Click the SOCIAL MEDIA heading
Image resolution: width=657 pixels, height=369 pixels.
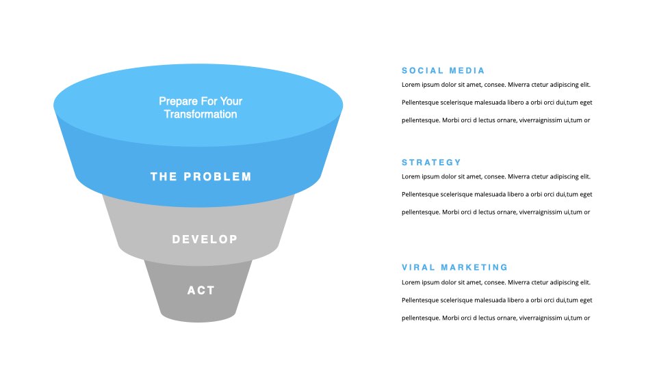443,70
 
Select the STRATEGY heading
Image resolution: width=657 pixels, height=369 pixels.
431,163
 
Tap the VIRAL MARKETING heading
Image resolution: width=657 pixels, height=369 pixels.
454,267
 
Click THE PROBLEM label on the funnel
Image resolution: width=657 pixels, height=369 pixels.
201,176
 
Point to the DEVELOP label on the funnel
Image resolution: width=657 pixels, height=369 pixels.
205,239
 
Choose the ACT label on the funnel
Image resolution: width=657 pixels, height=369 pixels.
201,290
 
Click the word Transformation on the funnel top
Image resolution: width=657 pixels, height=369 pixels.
201,114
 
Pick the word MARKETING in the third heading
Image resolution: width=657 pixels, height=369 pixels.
474,267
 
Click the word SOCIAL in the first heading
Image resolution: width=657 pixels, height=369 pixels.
422,70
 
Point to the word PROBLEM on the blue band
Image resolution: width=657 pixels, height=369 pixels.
218,176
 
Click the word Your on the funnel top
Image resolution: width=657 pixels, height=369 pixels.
231,101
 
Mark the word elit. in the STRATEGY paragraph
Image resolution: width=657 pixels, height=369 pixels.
585,176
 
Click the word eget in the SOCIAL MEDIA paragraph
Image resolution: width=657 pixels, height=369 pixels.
586,102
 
